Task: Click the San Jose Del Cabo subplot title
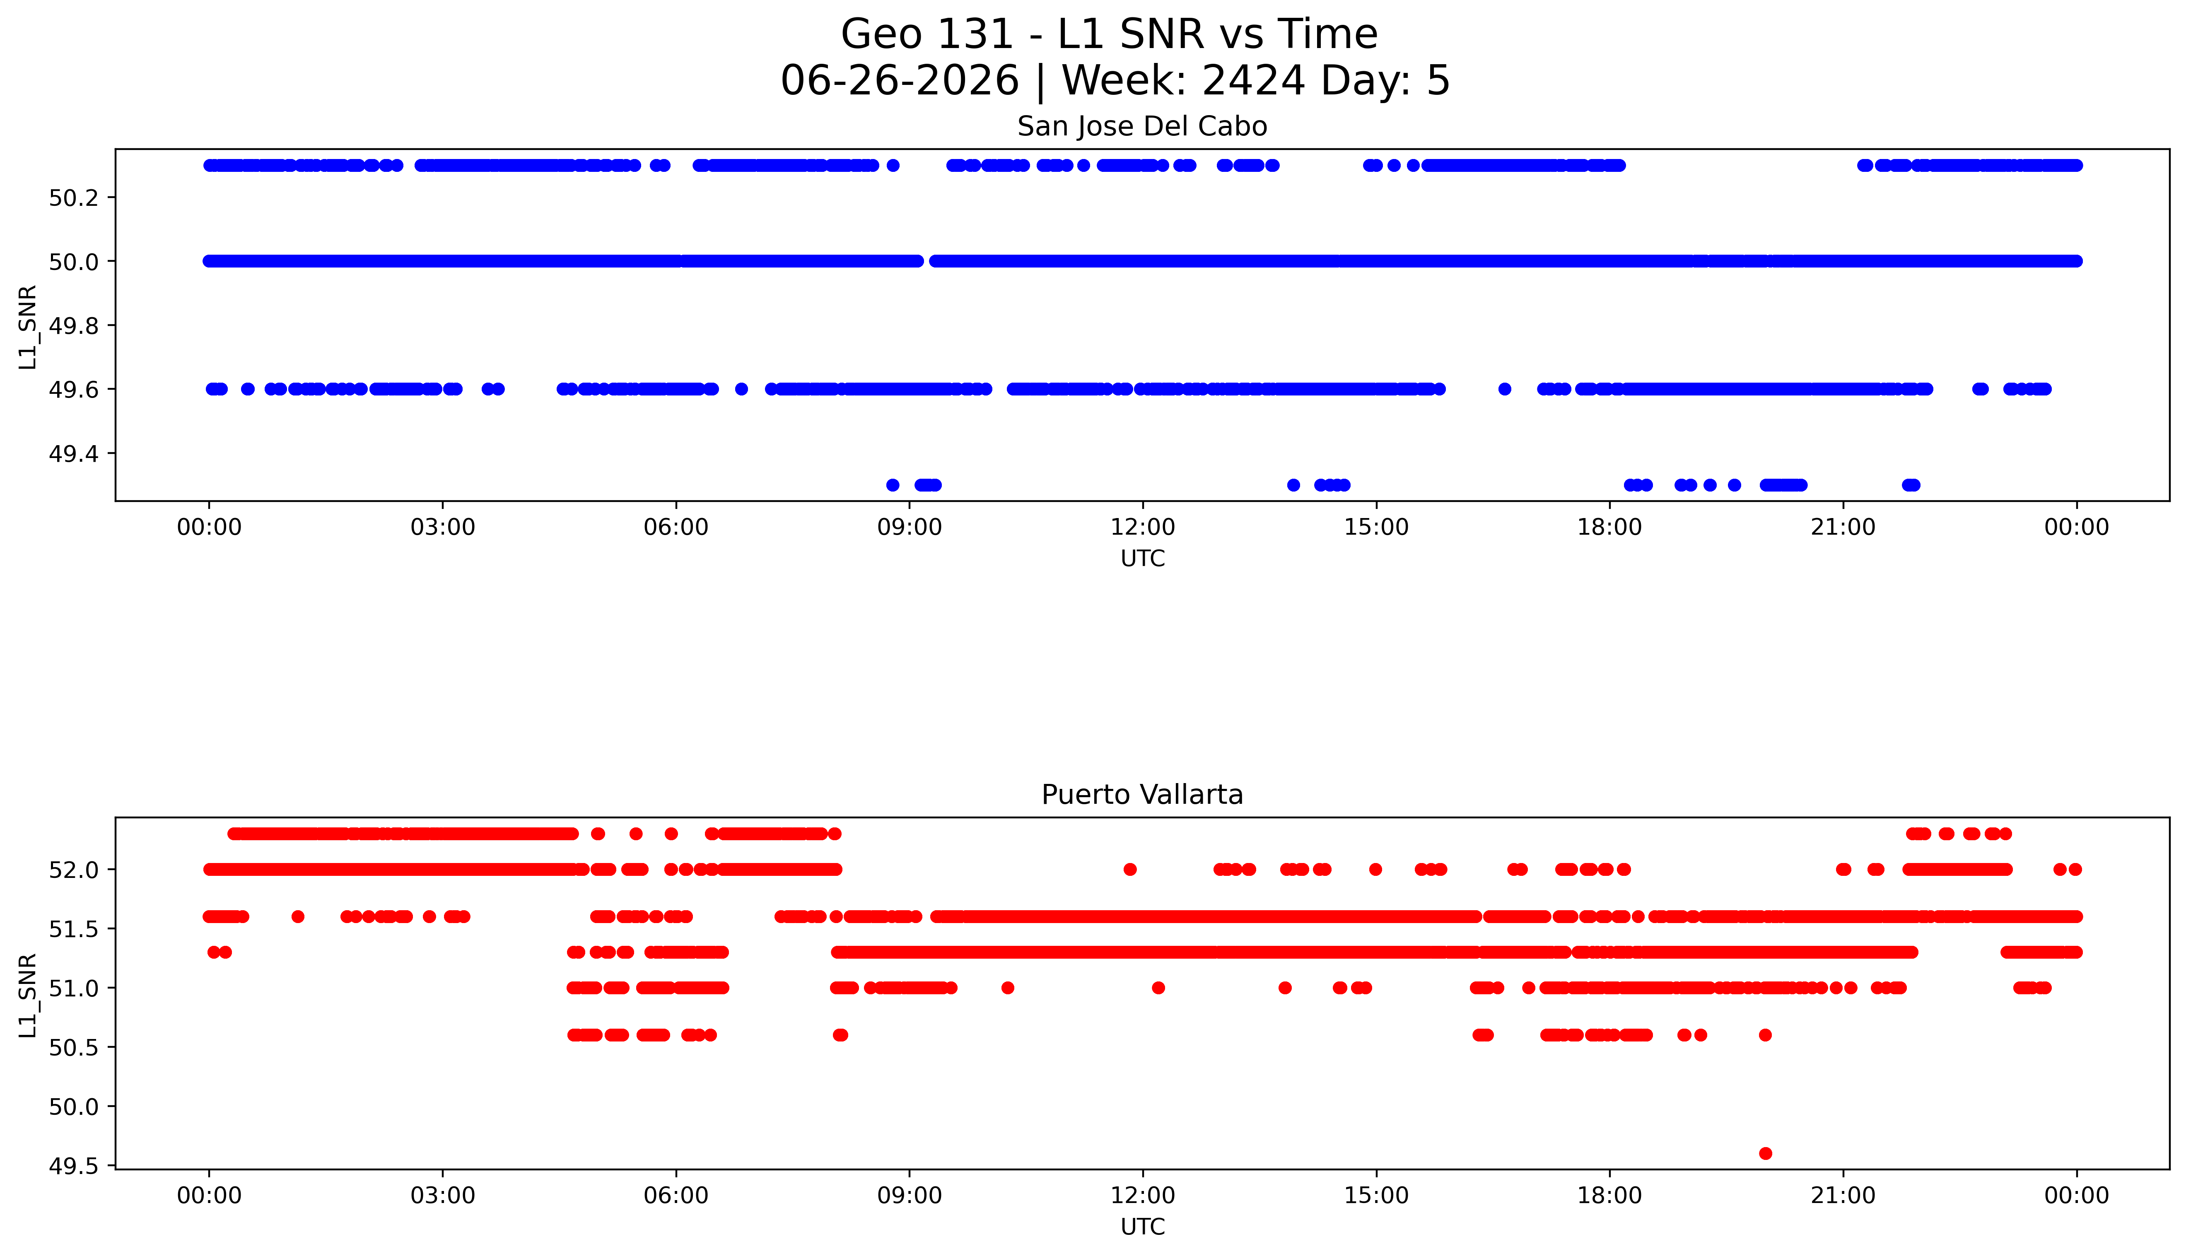[1142, 127]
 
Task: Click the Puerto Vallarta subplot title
[1142, 795]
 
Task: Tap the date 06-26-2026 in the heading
[900, 81]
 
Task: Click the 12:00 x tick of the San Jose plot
[1143, 527]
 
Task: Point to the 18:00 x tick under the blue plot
[1610, 527]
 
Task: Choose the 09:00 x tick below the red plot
[909, 1196]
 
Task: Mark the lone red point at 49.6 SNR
[1765, 1153]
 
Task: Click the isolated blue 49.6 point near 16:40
[1505, 389]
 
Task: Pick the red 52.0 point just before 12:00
[1130, 870]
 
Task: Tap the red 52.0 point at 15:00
[1376, 870]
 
